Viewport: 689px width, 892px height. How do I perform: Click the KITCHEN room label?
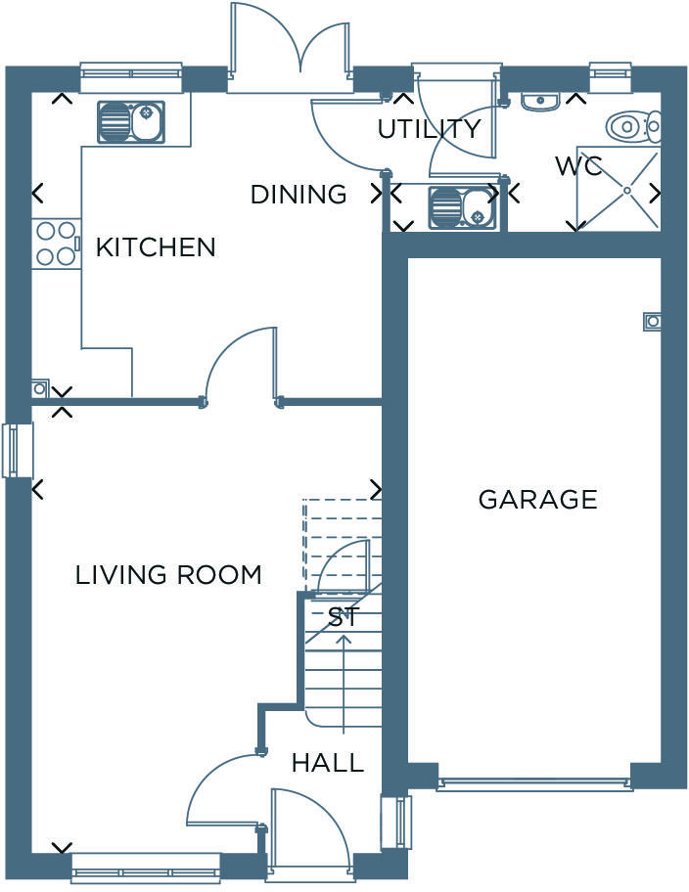(x=155, y=247)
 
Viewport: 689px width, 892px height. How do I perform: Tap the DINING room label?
(x=298, y=195)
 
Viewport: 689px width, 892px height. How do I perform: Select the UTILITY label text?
(x=429, y=129)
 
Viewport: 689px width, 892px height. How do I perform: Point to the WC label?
(x=578, y=165)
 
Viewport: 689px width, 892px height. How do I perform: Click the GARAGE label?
(x=537, y=500)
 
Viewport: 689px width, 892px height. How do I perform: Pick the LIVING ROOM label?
(x=168, y=575)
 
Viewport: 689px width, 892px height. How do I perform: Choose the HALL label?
(x=327, y=763)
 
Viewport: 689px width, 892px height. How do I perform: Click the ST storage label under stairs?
(x=344, y=617)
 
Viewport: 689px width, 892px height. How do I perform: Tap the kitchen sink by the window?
(x=130, y=122)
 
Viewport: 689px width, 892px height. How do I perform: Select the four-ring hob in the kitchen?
(x=55, y=244)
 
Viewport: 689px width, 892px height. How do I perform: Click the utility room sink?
(x=462, y=207)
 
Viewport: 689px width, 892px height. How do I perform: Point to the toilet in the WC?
(x=634, y=126)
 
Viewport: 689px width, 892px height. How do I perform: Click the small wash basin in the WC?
(x=539, y=101)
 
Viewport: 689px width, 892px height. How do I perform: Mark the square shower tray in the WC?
(x=619, y=189)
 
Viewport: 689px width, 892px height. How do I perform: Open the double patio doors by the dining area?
(x=290, y=49)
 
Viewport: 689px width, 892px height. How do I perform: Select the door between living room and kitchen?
(x=241, y=367)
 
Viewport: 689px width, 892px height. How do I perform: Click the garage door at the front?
(x=534, y=783)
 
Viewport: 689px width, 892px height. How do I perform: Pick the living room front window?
(x=145, y=868)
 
